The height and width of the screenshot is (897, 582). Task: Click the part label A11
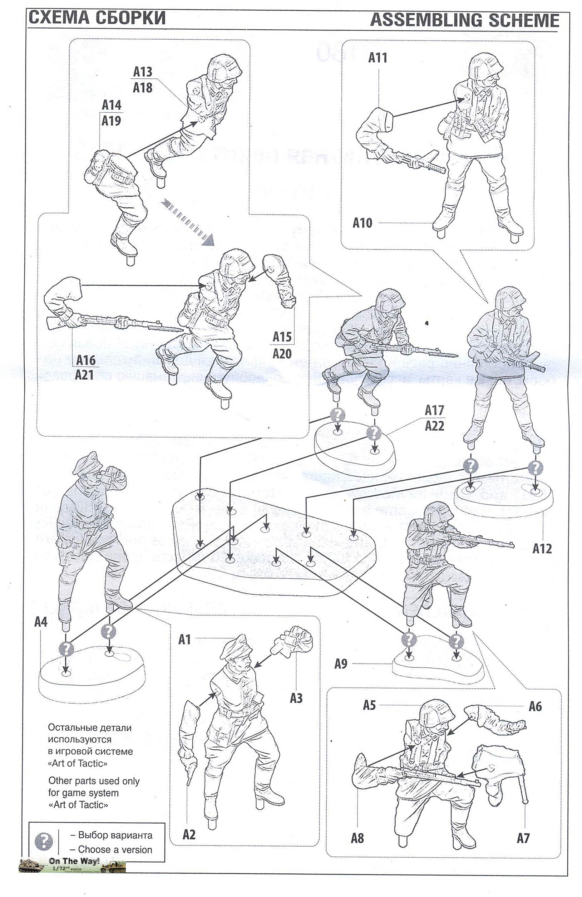point(378,58)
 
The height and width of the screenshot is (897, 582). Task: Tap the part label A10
point(362,223)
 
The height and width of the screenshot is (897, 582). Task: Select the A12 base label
point(542,549)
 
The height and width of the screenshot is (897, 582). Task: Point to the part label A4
point(41,622)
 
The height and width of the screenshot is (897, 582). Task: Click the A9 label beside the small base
point(341,664)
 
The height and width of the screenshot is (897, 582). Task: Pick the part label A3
point(296,699)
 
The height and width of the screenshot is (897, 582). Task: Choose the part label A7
point(523,838)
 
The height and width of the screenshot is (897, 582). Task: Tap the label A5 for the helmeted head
point(369,705)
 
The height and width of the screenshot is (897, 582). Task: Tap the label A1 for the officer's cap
point(184,639)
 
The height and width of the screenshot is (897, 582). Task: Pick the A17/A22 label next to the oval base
point(434,418)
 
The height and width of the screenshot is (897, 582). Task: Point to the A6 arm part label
point(535,706)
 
